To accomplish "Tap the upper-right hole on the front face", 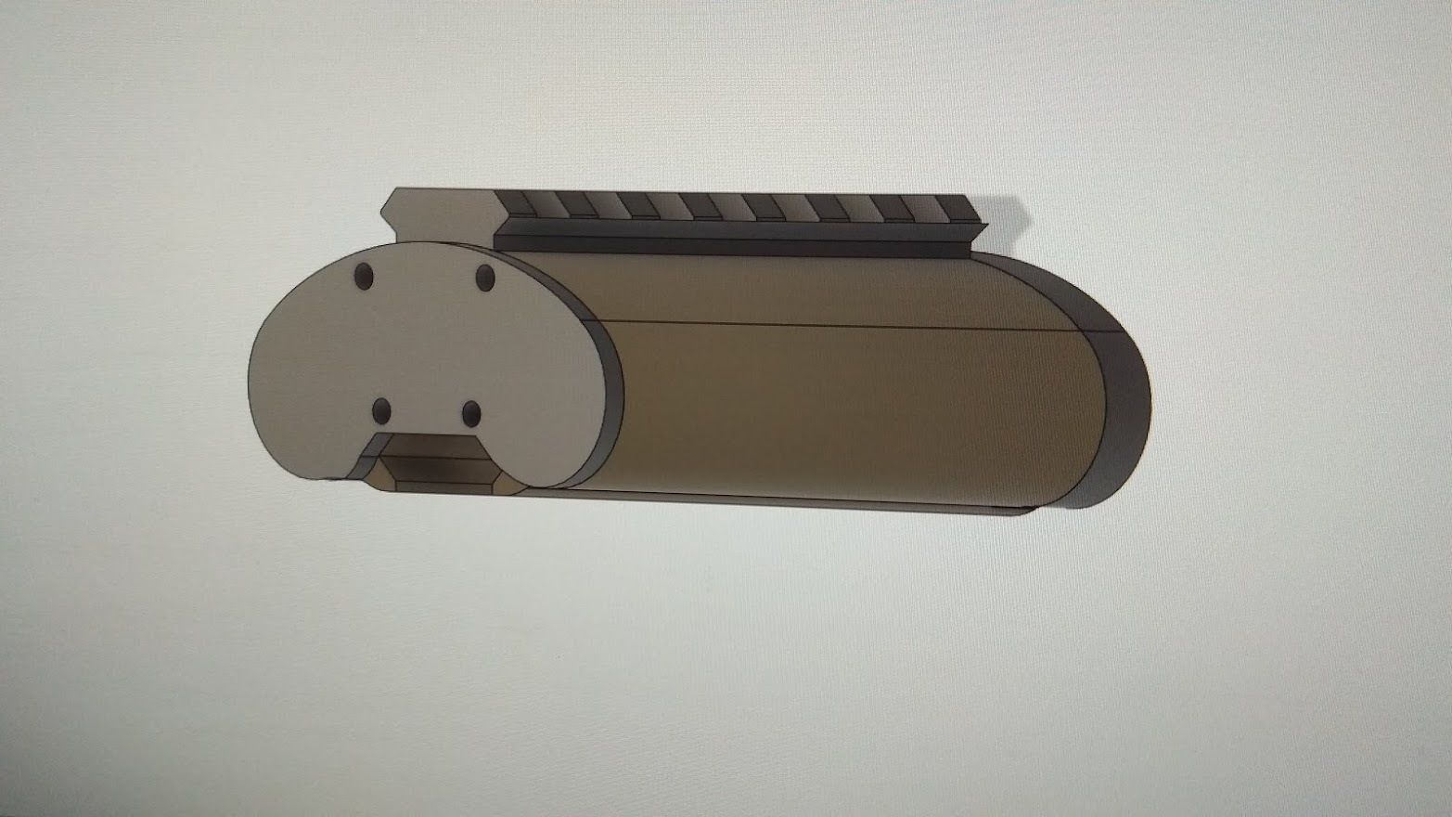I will [485, 276].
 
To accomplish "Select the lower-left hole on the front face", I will [381, 410].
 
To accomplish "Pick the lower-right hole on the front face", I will [471, 413].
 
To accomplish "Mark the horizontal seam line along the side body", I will [835, 325].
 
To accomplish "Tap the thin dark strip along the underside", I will [789, 501].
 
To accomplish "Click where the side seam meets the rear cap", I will [1076, 331].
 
